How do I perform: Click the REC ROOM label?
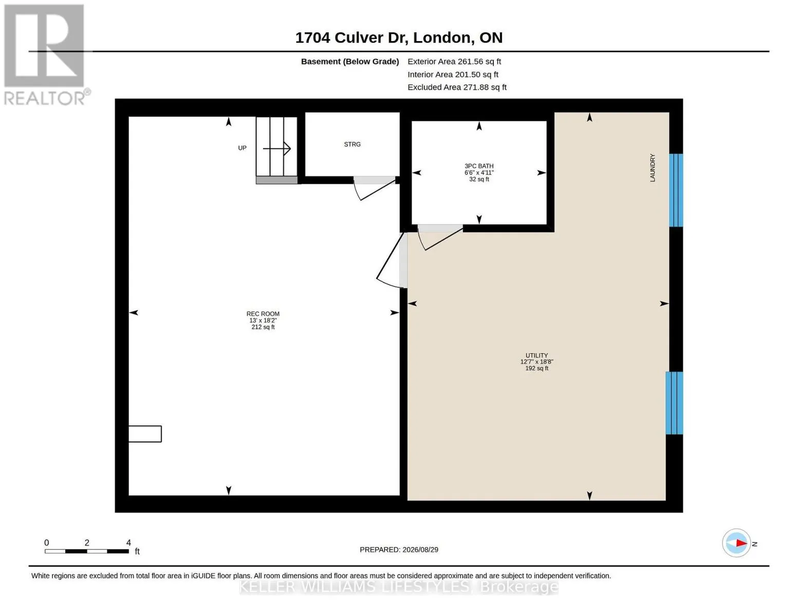click(x=263, y=314)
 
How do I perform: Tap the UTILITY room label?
click(x=536, y=355)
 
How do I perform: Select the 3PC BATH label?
click(x=479, y=166)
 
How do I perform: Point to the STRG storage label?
click(x=352, y=144)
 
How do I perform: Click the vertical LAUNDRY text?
click(x=652, y=168)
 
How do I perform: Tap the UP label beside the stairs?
click(x=242, y=148)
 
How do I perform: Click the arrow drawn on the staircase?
click(x=277, y=148)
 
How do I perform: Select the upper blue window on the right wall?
click(x=676, y=190)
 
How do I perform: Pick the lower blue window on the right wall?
click(x=674, y=403)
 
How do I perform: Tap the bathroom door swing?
click(x=440, y=239)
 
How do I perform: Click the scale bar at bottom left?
click(x=87, y=551)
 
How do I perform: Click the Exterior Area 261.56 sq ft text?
click(x=454, y=62)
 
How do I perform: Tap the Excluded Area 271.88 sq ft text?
click(x=457, y=87)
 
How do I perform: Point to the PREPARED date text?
click(x=399, y=550)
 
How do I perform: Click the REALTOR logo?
click(x=46, y=55)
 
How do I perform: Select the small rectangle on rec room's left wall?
click(x=145, y=434)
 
